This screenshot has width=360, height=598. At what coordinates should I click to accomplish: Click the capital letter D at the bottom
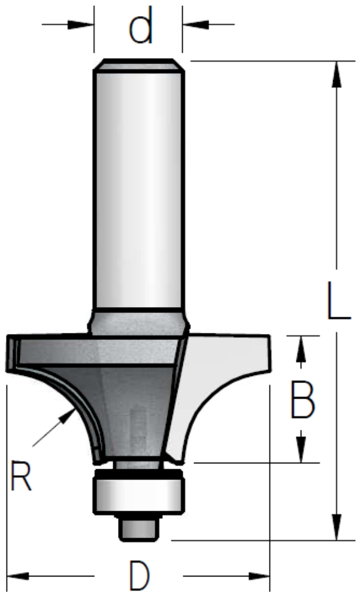click(x=140, y=575)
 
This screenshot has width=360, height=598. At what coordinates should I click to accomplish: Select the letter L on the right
click(x=338, y=300)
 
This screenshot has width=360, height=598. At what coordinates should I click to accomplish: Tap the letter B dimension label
click(x=302, y=400)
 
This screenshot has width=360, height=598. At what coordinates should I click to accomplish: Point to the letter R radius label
click(x=21, y=475)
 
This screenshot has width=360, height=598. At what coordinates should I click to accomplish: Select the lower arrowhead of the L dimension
click(x=336, y=527)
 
